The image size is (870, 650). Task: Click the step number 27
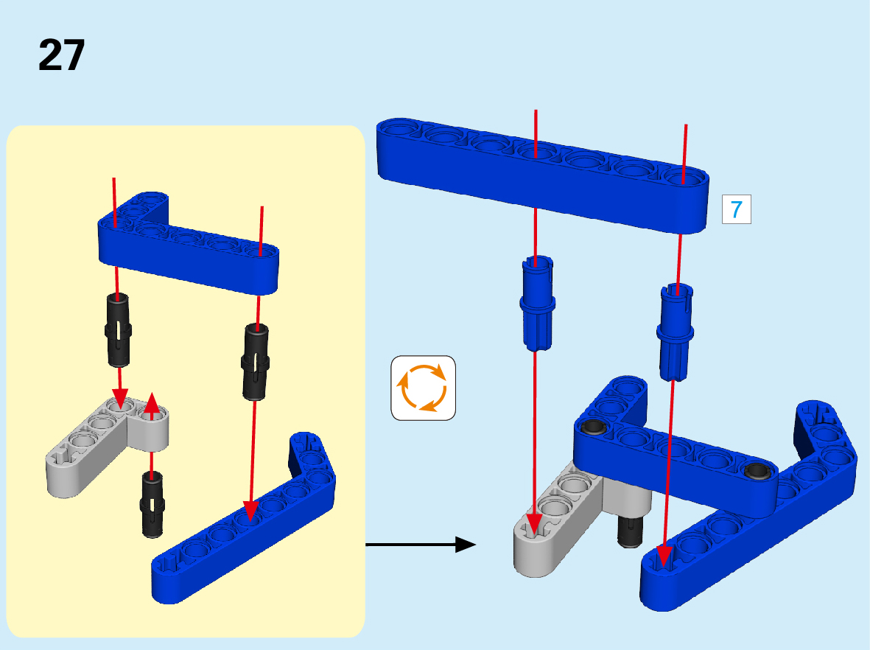[61, 55]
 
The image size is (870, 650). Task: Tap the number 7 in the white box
[736, 209]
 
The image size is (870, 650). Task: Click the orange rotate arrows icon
[423, 388]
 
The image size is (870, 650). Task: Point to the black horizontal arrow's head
[465, 545]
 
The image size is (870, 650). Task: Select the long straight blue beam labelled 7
[542, 175]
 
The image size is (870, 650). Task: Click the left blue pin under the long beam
[537, 303]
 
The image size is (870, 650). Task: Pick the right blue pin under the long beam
[676, 332]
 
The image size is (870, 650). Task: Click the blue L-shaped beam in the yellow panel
[189, 243]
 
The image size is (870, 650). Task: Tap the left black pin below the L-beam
[118, 329]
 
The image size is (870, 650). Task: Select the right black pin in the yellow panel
[255, 361]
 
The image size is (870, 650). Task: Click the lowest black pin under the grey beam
[152, 504]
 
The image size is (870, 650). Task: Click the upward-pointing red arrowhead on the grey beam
[152, 404]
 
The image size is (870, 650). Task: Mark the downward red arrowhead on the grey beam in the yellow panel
[120, 398]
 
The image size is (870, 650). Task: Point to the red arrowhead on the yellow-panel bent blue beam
[250, 511]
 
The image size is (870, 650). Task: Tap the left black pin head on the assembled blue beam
[593, 427]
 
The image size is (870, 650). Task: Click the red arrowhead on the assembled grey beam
[534, 525]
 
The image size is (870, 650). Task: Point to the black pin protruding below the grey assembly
[631, 531]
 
